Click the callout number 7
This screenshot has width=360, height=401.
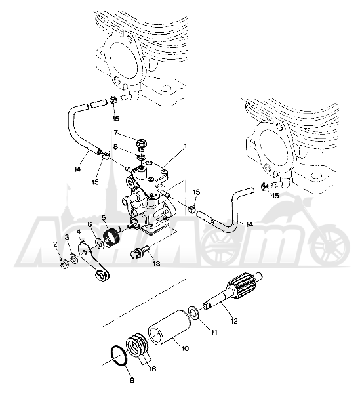point(116,133)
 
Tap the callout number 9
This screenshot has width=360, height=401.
point(132,381)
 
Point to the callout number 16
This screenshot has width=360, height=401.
point(153,369)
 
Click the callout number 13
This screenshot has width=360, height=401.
point(156,263)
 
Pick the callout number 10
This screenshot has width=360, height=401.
point(185,348)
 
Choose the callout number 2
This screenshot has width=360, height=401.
point(55,245)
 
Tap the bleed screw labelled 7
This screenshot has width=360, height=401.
point(141,144)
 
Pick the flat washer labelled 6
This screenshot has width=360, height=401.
point(100,243)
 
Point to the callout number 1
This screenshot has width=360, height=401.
point(186,146)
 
